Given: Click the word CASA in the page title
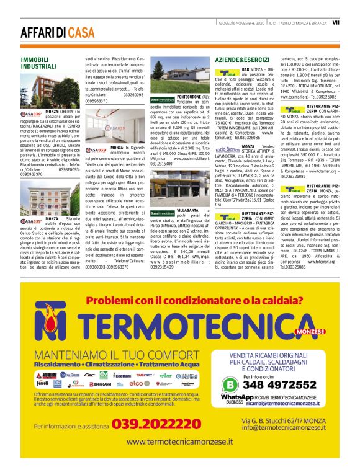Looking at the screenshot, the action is pyautogui.click(x=82, y=33).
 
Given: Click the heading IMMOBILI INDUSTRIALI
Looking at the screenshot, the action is pyautogui.click(x=39, y=63).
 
